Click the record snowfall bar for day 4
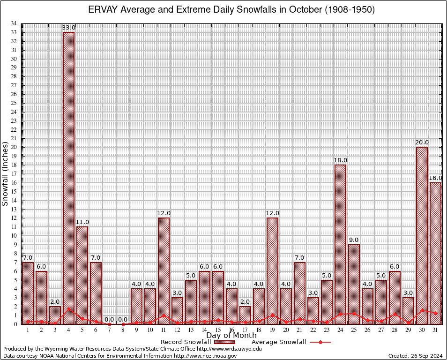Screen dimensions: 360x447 (68, 178)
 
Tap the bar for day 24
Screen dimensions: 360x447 (340, 244)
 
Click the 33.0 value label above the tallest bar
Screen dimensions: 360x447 (69, 28)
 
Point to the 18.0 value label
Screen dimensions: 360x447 (340, 160)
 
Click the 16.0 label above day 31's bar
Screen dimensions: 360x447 (435, 178)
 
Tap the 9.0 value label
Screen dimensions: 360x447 (354, 240)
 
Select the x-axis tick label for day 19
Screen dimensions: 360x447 (272, 330)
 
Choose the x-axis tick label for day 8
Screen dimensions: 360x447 (123, 330)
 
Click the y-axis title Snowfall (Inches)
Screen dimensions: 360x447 (5, 173)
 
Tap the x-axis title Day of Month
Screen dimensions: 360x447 (231, 336)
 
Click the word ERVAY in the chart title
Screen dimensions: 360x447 (102, 10)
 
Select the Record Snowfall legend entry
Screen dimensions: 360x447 (187, 342)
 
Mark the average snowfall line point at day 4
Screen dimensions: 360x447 (69, 309)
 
